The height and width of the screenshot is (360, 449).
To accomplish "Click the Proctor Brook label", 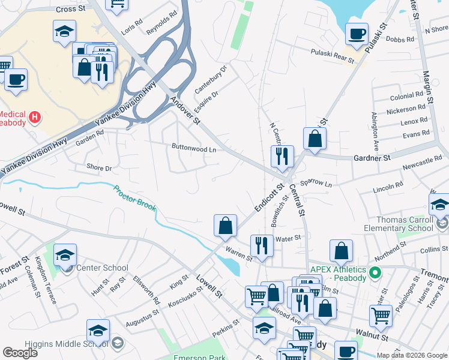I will pyautogui.click(x=135, y=197).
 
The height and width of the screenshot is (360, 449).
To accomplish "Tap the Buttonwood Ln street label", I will pyautogui.click(x=193, y=148).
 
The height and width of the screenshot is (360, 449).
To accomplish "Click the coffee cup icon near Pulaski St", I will pyautogui.click(x=357, y=34).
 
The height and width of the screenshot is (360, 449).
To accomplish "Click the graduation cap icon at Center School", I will pyautogui.click(x=65, y=255).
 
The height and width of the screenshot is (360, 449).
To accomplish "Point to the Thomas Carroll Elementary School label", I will pyautogui.click(x=399, y=224).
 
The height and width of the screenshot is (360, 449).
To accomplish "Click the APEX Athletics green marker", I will pyautogui.click(x=376, y=274).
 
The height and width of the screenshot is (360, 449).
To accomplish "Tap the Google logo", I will pyautogui.click(x=20, y=353).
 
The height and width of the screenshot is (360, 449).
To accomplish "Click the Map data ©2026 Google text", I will pyautogui.click(x=412, y=355).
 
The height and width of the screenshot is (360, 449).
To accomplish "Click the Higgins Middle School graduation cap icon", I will pyautogui.click(x=98, y=331).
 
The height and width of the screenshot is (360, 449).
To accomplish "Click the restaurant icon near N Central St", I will pyautogui.click(x=282, y=157).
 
